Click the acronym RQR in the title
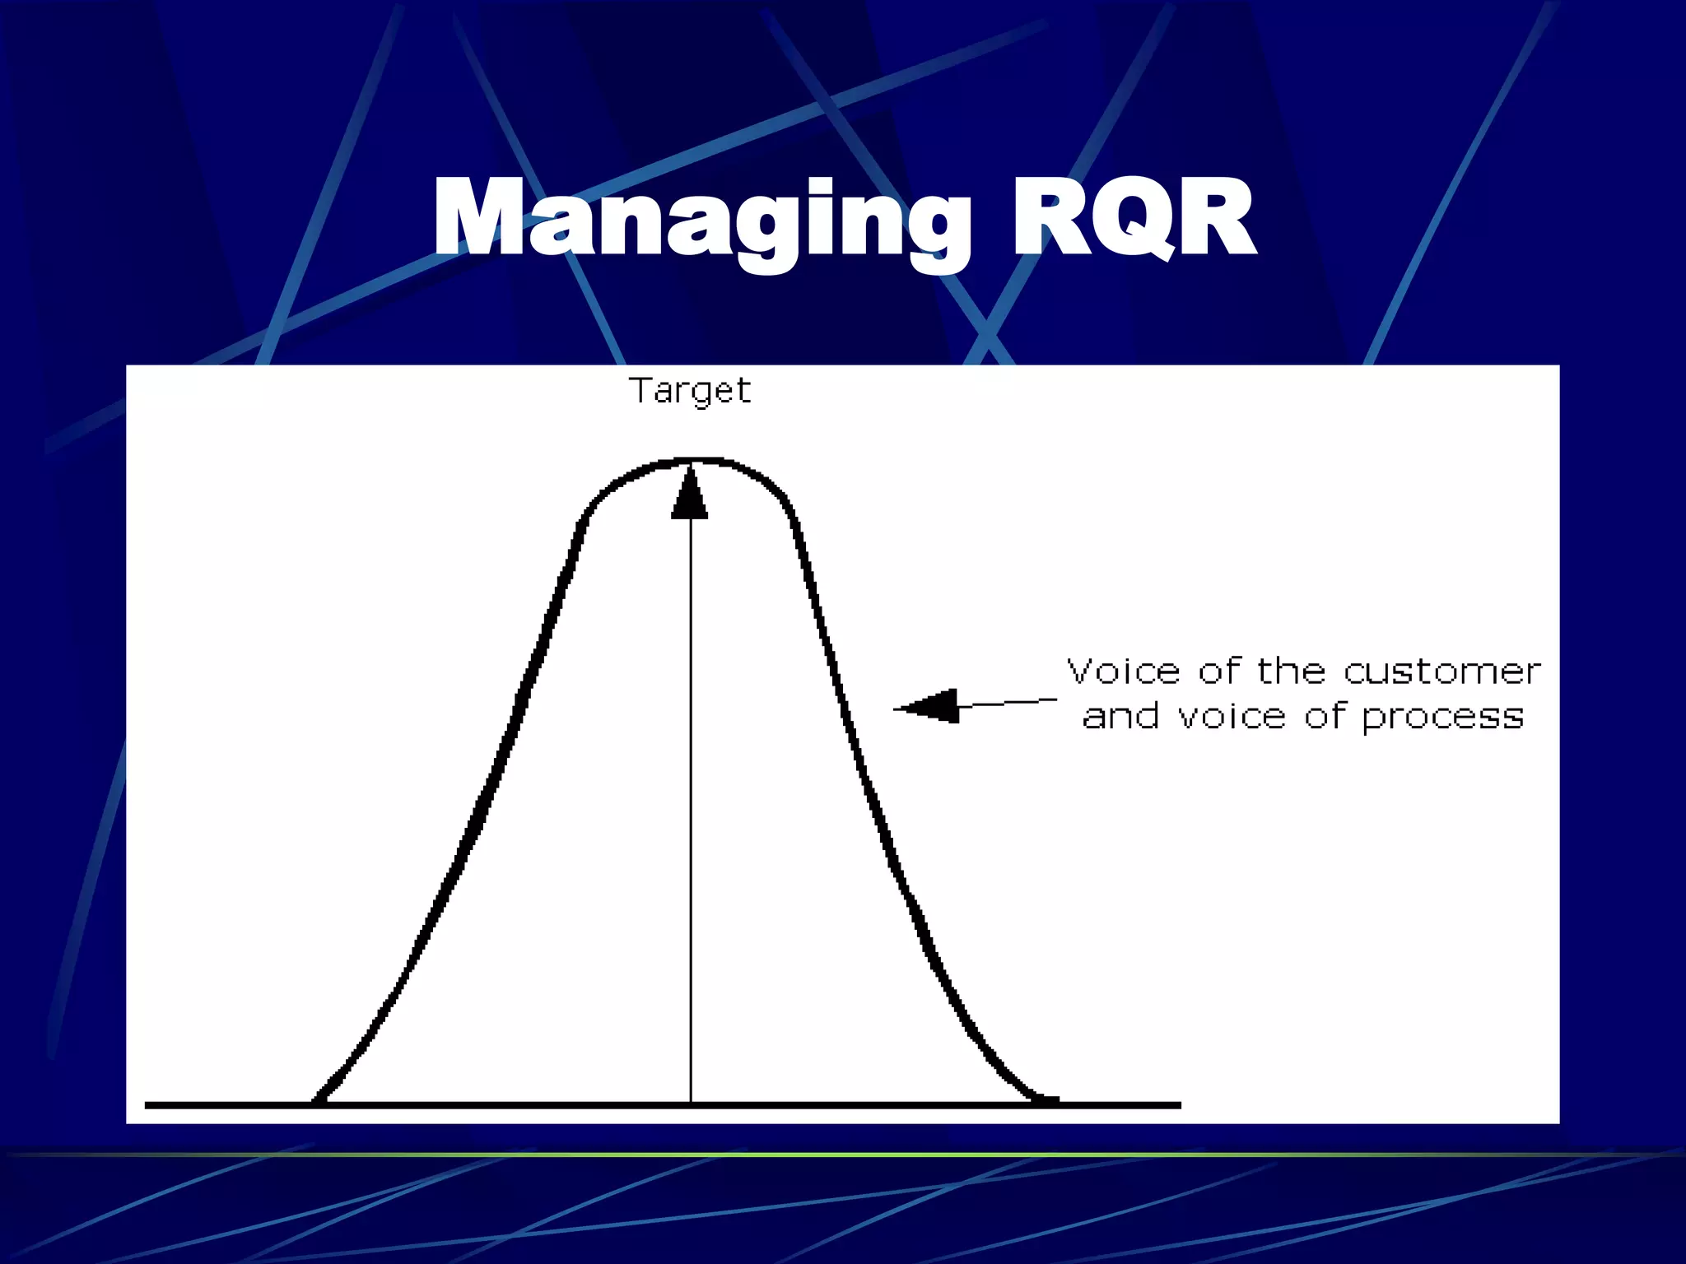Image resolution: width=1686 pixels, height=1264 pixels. (x=1134, y=219)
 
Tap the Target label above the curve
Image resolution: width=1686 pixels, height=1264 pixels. (x=690, y=390)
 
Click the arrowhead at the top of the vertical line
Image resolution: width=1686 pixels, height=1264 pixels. (x=690, y=494)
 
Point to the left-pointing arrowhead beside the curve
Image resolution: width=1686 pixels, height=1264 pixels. (x=928, y=706)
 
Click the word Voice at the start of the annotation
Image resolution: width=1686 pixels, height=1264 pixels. (x=1125, y=671)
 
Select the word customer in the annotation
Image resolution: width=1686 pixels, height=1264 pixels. (x=1441, y=671)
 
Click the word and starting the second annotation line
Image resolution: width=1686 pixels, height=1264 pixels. (x=1121, y=716)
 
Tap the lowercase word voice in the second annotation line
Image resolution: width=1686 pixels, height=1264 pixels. (x=1232, y=716)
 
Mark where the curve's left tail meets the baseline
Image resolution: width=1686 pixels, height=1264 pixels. (x=317, y=1101)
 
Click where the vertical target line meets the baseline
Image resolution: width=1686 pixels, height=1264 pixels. (x=691, y=1104)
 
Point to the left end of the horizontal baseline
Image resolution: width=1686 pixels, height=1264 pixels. (x=147, y=1105)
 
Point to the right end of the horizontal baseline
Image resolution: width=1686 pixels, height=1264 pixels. (x=1179, y=1105)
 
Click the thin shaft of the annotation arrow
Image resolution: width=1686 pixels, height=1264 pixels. (x=1008, y=703)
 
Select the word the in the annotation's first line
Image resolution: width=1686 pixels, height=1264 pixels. (x=1291, y=671)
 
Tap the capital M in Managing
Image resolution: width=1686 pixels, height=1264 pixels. (x=477, y=219)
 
